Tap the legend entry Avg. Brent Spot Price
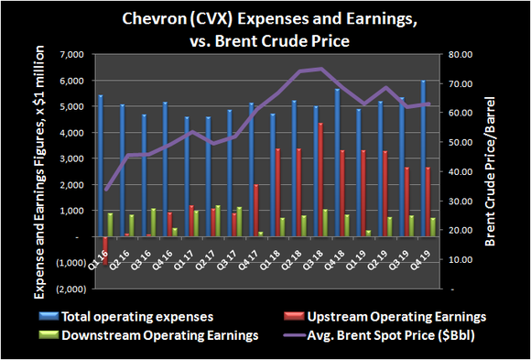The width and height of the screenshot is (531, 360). coord(387,336)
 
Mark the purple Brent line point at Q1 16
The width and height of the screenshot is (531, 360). coord(105,190)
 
